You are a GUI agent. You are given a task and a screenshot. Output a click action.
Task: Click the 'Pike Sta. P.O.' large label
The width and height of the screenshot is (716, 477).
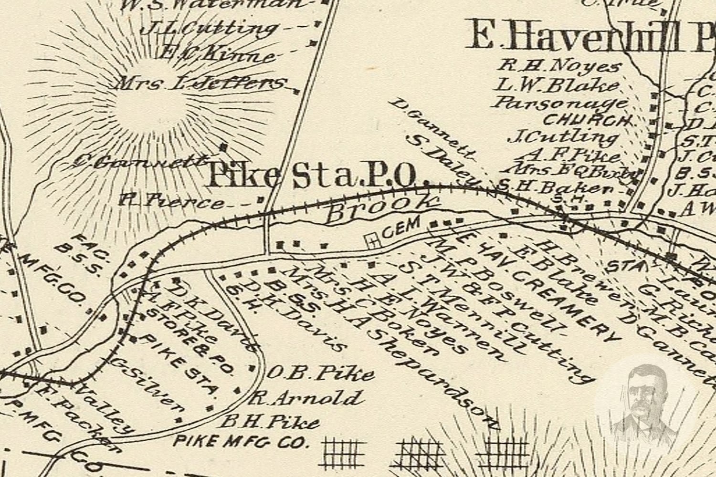313,176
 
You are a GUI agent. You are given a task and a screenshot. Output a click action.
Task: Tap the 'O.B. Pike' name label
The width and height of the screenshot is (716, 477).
320,373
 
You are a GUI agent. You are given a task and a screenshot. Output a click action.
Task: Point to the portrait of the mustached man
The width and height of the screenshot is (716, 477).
644,405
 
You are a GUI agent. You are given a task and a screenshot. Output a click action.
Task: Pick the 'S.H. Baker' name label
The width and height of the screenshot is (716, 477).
554,187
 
